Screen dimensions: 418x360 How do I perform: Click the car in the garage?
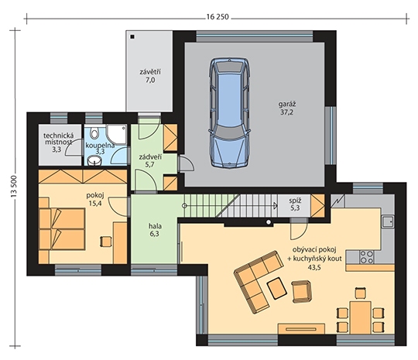[230, 112]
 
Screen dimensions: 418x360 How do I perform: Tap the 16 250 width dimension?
[218, 17]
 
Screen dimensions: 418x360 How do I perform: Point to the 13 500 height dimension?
[14, 186]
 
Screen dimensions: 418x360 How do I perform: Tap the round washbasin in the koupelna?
[94, 160]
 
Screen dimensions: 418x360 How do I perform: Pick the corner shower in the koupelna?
[116, 135]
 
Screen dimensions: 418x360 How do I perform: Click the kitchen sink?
[388, 222]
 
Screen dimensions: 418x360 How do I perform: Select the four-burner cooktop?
[366, 257]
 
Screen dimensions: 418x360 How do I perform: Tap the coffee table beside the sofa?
[277, 288]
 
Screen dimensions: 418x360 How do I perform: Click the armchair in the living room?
[302, 291]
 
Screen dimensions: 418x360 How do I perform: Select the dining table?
[361, 317]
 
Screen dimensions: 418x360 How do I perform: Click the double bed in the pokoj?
[62, 229]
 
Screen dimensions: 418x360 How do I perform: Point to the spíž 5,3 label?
[294, 204]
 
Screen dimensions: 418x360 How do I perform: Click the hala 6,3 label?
[155, 230]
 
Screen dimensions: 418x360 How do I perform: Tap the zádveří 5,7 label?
[150, 160]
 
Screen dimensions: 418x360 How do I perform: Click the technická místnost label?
[58, 139]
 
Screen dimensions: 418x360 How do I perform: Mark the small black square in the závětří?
[132, 37]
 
